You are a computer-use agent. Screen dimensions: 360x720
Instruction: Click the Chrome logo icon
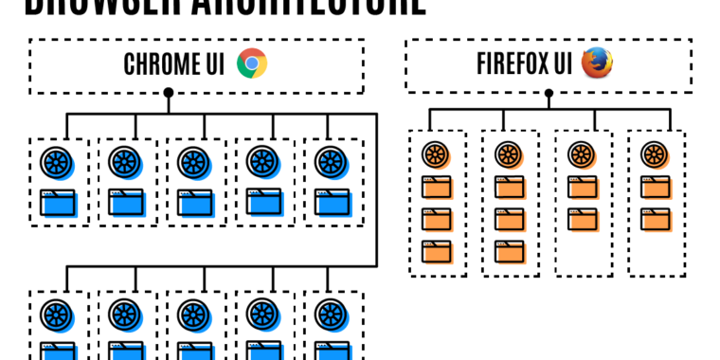click(x=252, y=64)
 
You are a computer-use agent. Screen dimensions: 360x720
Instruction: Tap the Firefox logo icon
click(x=597, y=63)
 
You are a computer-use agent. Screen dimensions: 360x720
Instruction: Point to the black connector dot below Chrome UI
click(x=169, y=93)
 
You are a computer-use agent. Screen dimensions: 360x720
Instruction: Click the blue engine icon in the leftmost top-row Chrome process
click(x=57, y=162)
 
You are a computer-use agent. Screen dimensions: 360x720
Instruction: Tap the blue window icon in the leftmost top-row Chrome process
click(x=59, y=202)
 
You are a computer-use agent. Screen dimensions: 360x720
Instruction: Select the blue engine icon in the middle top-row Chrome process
click(x=194, y=162)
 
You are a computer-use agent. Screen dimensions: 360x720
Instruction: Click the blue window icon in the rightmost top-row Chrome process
click(x=332, y=202)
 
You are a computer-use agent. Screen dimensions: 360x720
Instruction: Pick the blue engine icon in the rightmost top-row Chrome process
click(x=331, y=162)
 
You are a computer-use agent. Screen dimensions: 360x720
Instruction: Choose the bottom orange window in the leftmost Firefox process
click(x=437, y=251)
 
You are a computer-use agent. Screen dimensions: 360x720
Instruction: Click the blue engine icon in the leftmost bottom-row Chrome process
click(x=57, y=314)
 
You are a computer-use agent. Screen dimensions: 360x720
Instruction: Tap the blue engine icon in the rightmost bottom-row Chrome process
click(x=331, y=314)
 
